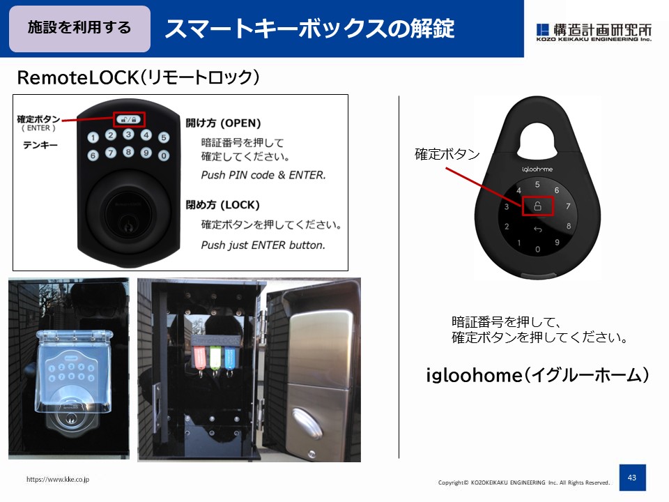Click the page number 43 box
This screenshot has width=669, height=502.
pyautogui.click(x=632, y=478)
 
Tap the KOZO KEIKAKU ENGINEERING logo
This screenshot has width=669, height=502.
pyautogui.click(x=594, y=33)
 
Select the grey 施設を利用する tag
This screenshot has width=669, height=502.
pyautogui.click(x=79, y=29)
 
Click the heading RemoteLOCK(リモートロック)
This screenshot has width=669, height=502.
pyautogui.click(x=138, y=77)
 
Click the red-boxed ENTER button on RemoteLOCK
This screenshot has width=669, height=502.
pyautogui.click(x=128, y=119)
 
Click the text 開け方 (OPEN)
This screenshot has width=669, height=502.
pyautogui.click(x=223, y=123)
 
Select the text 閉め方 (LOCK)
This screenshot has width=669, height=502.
pyautogui.click(x=222, y=205)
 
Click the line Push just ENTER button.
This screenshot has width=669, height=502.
pyautogui.click(x=263, y=245)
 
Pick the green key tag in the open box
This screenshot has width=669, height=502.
pyautogui.click(x=215, y=356)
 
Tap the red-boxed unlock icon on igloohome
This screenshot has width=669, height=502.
pyautogui.click(x=537, y=206)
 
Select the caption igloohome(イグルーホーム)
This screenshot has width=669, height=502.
pyautogui.click(x=537, y=376)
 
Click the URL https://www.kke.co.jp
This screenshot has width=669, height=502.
pyautogui.click(x=58, y=480)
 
